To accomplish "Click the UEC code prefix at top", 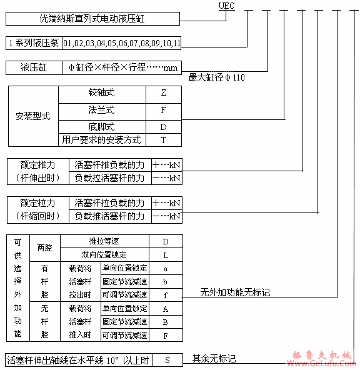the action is point(226,6).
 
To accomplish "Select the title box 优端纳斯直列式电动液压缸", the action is point(92,19).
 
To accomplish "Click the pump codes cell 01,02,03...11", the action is point(121,43).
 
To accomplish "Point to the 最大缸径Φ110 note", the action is point(216,77).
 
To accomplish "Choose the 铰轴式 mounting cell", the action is point(101,92).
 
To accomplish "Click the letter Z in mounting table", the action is point(163,92).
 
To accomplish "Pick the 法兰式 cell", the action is point(101,110).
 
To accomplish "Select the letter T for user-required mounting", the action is point(163,139).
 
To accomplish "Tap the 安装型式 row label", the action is point(32,116).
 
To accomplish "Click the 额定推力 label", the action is point(37,166).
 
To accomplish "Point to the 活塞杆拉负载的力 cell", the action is point(109,203).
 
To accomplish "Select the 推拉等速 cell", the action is point(104,241).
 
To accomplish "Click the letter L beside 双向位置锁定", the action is point(165,254).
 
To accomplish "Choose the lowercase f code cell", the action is point(165,294).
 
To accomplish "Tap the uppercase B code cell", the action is point(165,322).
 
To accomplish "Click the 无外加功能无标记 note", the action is point(235,292).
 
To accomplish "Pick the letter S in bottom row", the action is point(167,360).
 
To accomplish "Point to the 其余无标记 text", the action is point(214,359).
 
